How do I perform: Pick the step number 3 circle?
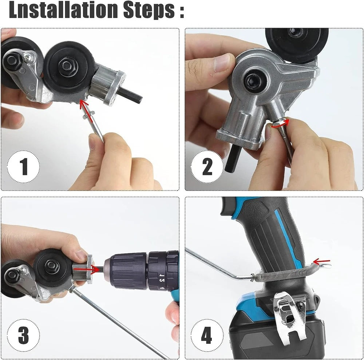click(x=23, y=335)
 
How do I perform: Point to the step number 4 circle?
click(x=207, y=335)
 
